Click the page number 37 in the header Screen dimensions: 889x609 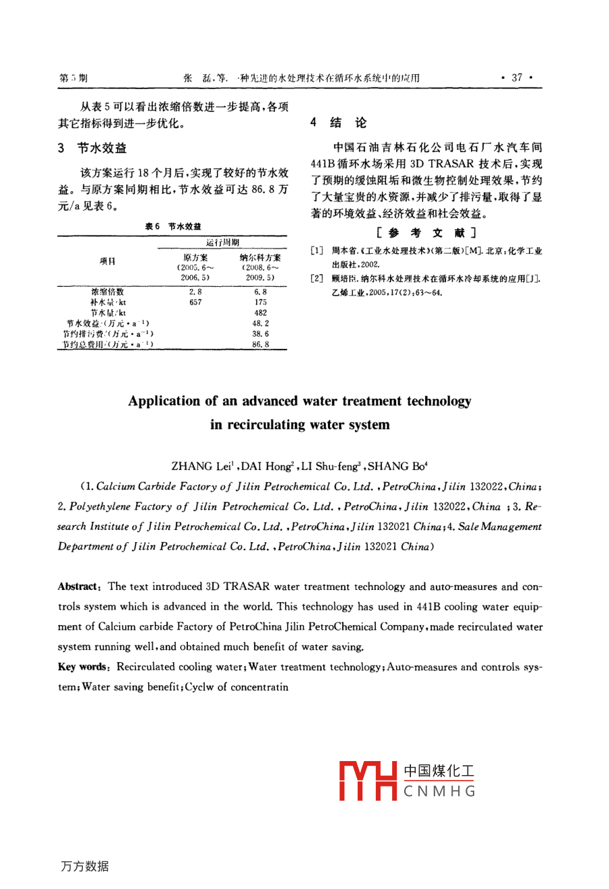pyautogui.click(x=517, y=77)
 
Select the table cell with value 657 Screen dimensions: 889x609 pyautogui.click(x=195, y=302)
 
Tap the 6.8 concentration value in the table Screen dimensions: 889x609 pyautogui.click(x=260, y=292)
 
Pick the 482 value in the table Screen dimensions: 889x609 pyautogui.click(x=260, y=312)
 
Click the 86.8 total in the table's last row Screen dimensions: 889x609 pyautogui.click(x=260, y=344)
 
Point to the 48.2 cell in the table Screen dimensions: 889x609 pyautogui.click(x=260, y=323)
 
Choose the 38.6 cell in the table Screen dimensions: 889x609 pyautogui.click(x=260, y=333)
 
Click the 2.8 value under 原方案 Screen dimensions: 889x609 pyautogui.click(x=195, y=292)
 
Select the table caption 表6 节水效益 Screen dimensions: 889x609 pyautogui.click(x=173, y=226)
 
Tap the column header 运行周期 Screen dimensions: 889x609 pyautogui.click(x=222, y=242)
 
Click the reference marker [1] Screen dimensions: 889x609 pyautogui.click(x=317, y=251)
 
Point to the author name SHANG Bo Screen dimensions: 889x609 pyautogui.click(x=397, y=466)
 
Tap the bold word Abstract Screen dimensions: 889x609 pyautogui.click(x=80, y=587)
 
